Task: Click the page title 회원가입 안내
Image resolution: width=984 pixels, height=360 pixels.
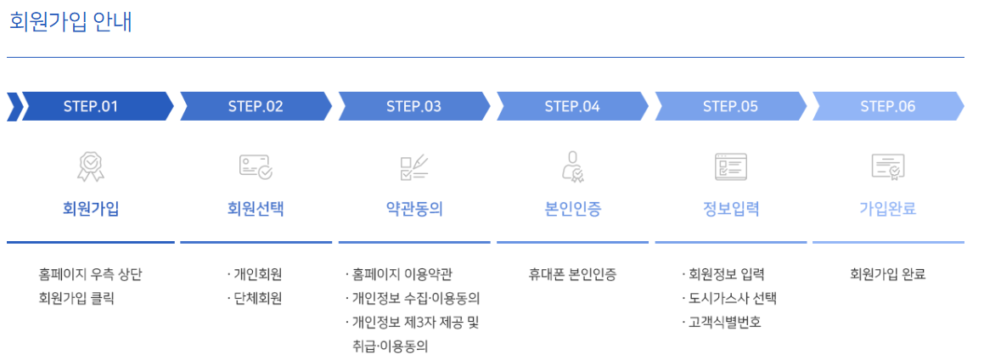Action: tap(70, 21)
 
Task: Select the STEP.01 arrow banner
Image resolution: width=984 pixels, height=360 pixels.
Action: tap(91, 106)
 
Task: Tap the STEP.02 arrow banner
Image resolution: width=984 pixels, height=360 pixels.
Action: tap(256, 106)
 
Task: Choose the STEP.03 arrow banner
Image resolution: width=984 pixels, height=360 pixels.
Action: tap(413, 106)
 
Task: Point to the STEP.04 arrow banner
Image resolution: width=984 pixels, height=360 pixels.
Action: tap(572, 106)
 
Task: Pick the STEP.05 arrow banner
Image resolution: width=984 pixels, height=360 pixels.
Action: tap(730, 106)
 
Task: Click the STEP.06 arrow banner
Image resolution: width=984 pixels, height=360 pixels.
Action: tap(887, 106)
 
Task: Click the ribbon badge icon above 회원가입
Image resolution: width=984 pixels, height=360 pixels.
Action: tap(91, 166)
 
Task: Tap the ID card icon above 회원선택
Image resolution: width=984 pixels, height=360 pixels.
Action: tap(256, 166)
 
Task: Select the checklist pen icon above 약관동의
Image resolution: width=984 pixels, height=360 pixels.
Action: tap(413, 166)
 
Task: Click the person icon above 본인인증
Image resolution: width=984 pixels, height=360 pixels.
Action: tap(572, 166)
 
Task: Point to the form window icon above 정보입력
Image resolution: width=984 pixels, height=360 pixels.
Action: tap(730, 166)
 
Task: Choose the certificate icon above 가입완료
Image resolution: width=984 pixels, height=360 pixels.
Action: tap(887, 166)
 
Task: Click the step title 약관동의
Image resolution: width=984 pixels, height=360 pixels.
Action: tap(413, 209)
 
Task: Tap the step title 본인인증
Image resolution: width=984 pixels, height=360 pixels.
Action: tap(572, 209)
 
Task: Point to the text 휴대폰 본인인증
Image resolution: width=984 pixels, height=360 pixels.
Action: tap(572, 274)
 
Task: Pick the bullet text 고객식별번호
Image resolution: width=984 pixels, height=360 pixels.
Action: tap(726, 323)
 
